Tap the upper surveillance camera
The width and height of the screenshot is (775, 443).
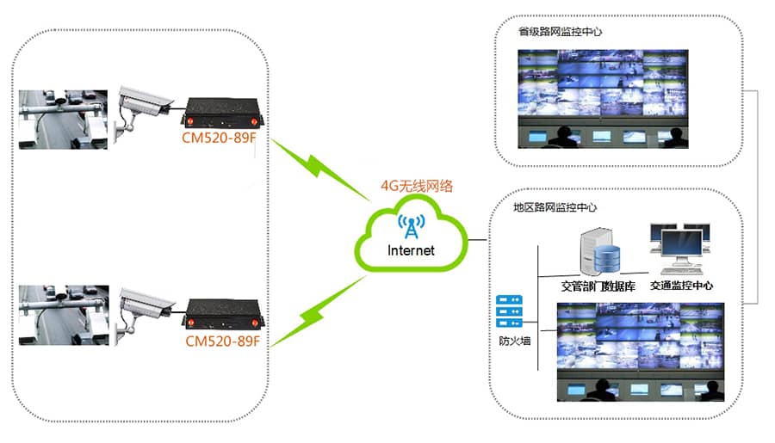point(142,102)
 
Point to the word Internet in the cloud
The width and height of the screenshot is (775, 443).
point(412,251)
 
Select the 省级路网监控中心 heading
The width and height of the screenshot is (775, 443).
point(559,32)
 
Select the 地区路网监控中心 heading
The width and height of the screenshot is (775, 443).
point(555,207)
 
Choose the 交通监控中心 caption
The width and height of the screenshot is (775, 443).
point(681,286)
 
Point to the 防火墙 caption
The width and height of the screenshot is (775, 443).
point(510,341)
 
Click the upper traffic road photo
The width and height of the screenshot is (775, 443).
point(64,119)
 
